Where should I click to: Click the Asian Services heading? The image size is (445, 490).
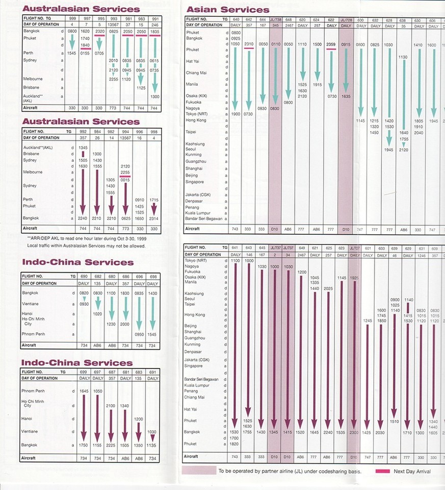228,9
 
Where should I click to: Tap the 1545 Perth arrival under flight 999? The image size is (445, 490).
72,53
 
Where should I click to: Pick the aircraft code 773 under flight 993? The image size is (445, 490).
113,108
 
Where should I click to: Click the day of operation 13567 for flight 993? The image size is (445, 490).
113,24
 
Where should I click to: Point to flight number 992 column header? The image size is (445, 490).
83,131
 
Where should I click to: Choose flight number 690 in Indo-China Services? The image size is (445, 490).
85,276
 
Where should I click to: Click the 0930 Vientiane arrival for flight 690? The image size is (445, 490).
85,304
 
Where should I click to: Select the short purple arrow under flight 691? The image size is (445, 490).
152,437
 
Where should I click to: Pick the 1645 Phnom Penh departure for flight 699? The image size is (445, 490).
85,391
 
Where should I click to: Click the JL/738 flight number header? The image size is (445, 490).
275,19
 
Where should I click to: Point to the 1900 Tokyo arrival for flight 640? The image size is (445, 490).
235,113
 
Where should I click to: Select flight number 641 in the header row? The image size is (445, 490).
234,248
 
